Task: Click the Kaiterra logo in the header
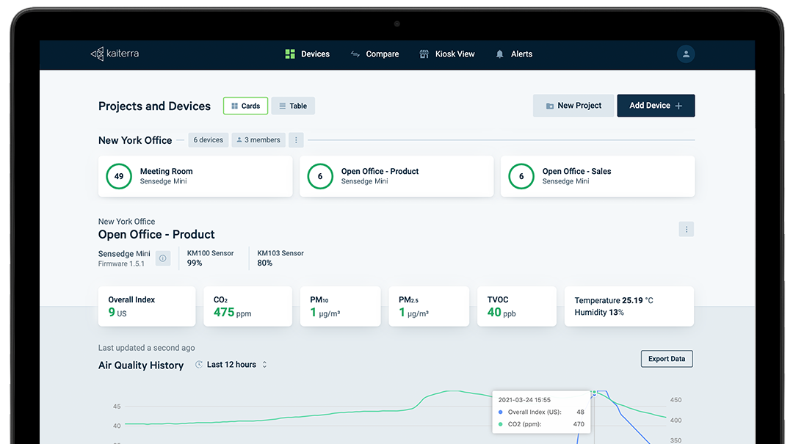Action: coord(115,54)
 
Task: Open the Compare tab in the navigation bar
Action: coord(374,54)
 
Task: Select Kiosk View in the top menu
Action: coord(447,54)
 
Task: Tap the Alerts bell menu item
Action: coord(514,54)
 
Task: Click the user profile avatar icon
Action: coord(686,54)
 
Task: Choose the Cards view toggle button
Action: coord(245,106)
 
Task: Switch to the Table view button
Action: coord(293,106)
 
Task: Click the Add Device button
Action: coord(656,106)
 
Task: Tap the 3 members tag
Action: coord(258,140)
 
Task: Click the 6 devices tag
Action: coord(209,140)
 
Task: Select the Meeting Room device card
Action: coord(195,176)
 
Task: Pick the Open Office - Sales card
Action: coord(597,176)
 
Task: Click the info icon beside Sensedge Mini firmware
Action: coord(163,258)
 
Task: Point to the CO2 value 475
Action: coord(224,313)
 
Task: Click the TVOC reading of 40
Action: coord(494,313)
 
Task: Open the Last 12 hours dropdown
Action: coord(231,365)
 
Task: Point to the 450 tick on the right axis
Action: coord(676,400)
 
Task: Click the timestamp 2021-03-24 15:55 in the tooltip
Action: coord(524,400)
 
